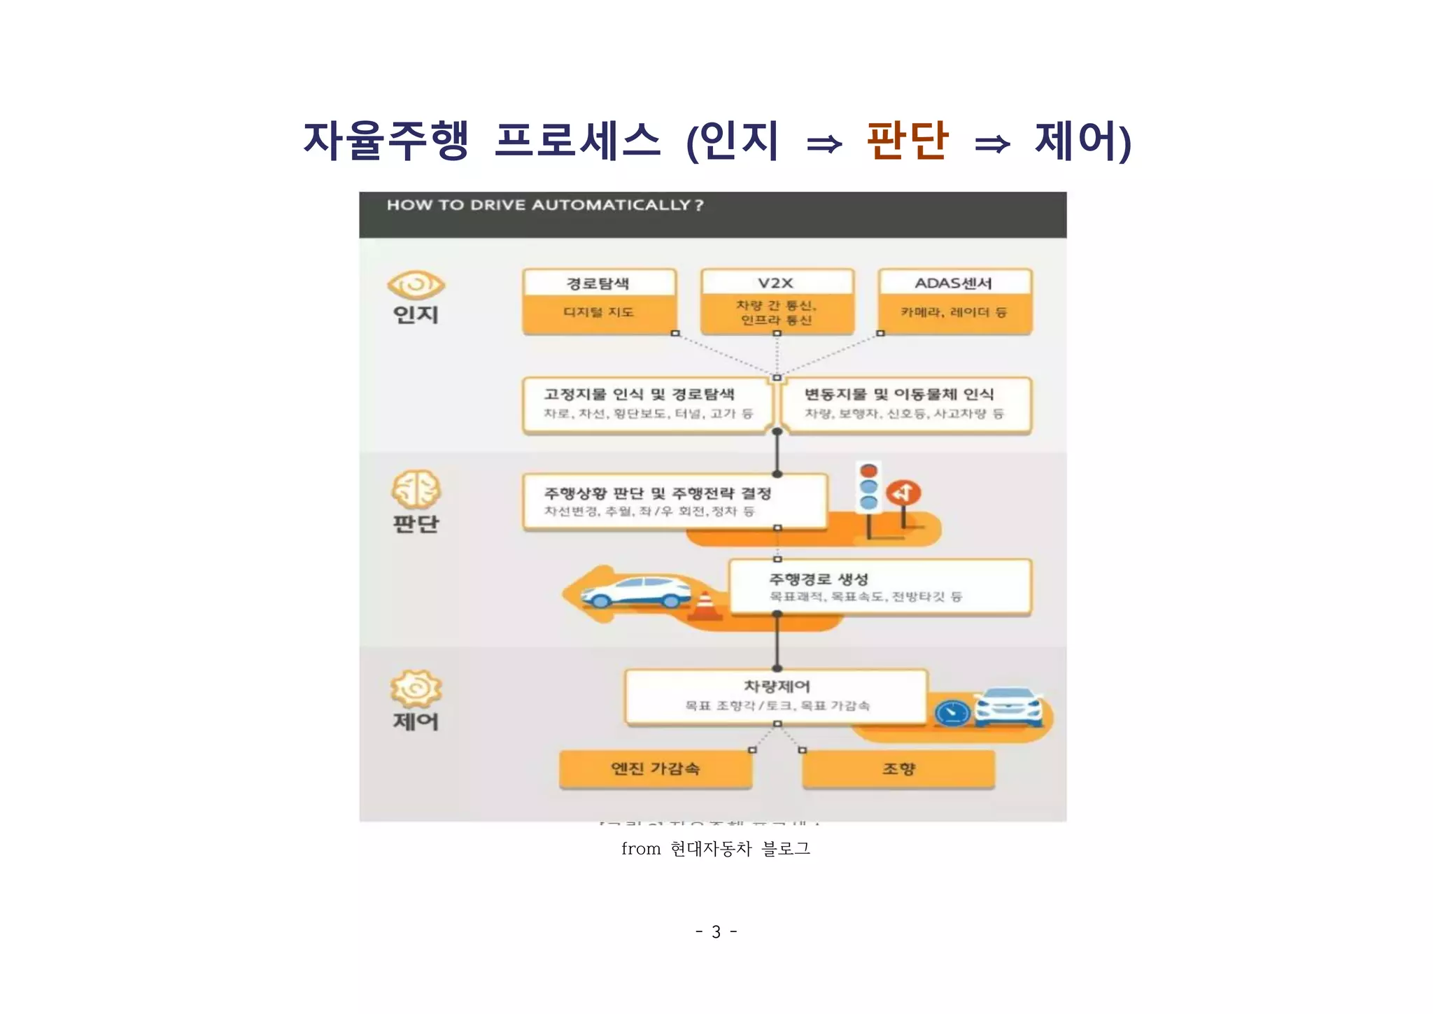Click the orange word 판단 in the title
[x=907, y=140]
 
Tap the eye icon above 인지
[x=416, y=285]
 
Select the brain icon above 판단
[x=416, y=489]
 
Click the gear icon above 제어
[x=416, y=689]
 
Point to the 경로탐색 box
[x=599, y=301]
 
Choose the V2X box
[x=777, y=301]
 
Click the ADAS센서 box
[x=954, y=301]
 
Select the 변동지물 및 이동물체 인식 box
[x=905, y=404]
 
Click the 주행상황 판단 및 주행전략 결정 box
[x=675, y=501]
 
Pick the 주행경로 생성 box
[x=880, y=586]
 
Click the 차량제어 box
[x=776, y=696]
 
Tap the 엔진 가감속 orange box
[x=656, y=769]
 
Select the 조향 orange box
[x=898, y=769]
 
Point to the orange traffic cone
[x=705, y=606]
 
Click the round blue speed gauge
[x=952, y=713]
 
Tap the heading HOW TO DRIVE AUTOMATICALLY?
[x=545, y=205]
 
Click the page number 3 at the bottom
[x=716, y=932]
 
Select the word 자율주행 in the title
[x=386, y=140]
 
